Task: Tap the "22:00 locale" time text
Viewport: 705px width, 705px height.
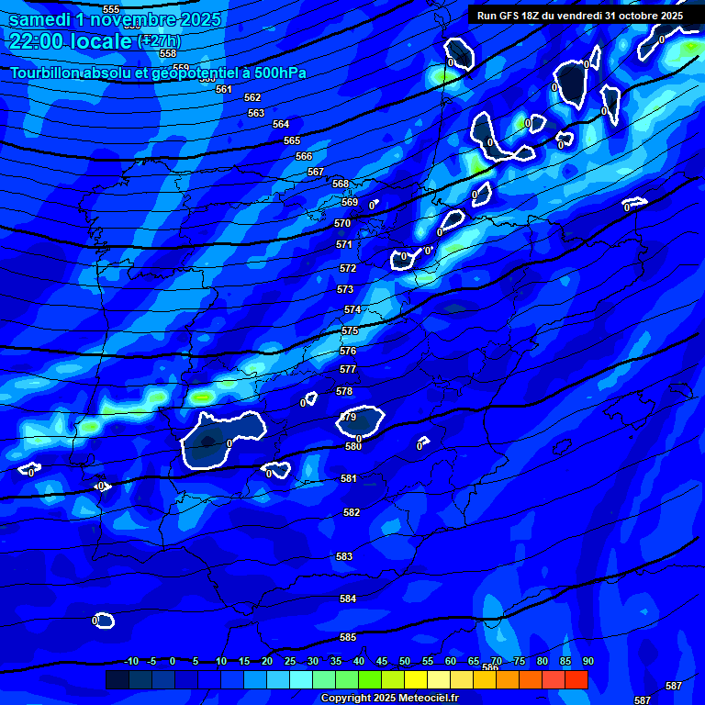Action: tap(72, 41)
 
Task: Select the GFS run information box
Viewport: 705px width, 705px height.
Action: tap(580, 15)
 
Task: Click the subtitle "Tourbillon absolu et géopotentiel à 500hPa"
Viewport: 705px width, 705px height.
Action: tap(158, 73)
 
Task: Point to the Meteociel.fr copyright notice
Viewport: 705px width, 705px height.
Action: tap(389, 699)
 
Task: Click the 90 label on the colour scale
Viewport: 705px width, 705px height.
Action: tap(587, 662)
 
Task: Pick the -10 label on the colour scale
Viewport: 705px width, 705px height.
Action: tap(131, 662)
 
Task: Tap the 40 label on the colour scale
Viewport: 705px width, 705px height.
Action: tap(358, 662)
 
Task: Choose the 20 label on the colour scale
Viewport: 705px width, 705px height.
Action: tap(266, 662)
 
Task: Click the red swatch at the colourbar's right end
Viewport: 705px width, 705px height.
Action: tap(576, 679)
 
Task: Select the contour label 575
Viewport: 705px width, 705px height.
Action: tap(350, 330)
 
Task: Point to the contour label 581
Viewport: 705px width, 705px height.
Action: tap(349, 478)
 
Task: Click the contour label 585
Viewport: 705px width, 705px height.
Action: tap(348, 637)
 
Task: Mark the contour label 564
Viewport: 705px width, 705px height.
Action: tap(281, 124)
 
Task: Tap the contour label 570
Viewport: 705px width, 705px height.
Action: tap(343, 223)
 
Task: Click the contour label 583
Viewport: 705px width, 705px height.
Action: tap(344, 556)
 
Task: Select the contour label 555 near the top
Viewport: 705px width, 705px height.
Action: tap(111, 9)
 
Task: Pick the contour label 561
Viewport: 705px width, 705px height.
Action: tap(224, 89)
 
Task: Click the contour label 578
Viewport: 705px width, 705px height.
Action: tap(344, 391)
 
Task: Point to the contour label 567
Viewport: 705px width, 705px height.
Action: tap(316, 172)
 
